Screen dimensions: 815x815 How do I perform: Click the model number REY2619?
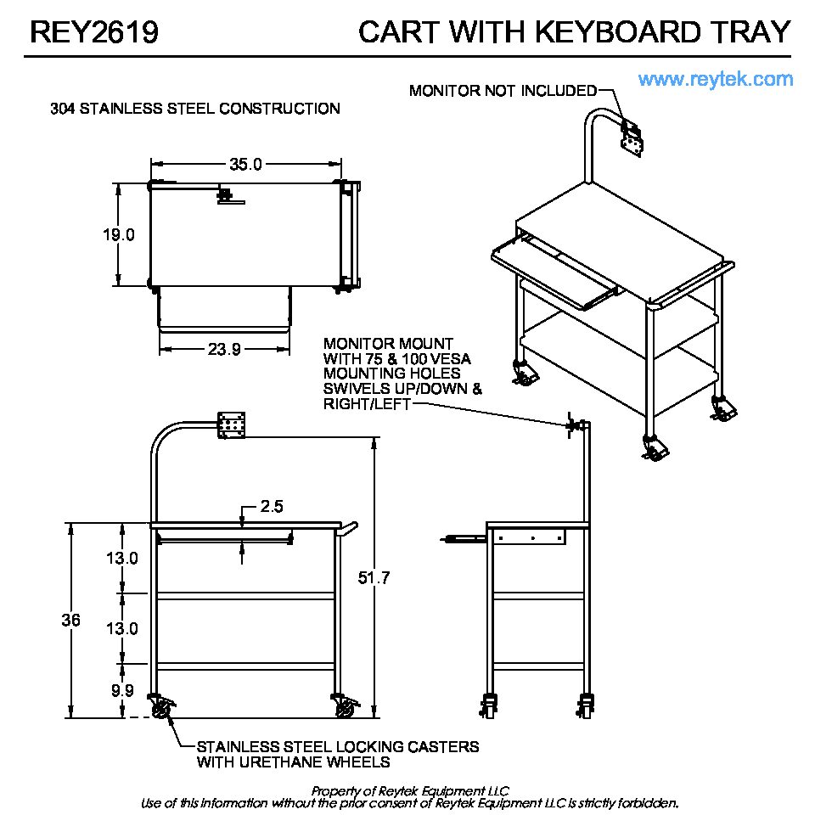tap(94, 32)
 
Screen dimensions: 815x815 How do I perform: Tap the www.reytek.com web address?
tap(715, 79)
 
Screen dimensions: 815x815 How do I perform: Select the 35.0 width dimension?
tap(246, 164)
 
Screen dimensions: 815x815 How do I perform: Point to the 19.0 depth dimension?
tap(119, 234)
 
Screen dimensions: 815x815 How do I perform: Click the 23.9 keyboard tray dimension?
tap(224, 349)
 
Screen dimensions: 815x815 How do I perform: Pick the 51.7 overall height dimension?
tap(374, 577)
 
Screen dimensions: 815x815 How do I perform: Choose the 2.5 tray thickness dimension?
tap(272, 506)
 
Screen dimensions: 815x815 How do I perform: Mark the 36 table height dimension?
tap(70, 620)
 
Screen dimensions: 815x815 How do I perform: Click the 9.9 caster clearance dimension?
tap(122, 690)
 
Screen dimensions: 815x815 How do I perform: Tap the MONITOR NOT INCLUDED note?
tap(503, 91)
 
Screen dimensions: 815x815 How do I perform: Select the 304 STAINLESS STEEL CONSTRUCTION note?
tap(195, 109)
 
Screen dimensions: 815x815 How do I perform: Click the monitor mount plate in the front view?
tap(231, 425)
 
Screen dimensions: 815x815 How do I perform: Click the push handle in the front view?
tap(348, 530)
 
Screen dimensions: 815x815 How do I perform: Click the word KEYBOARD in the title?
tap(618, 32)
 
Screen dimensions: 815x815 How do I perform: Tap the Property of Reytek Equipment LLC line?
tap(409, 790)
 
